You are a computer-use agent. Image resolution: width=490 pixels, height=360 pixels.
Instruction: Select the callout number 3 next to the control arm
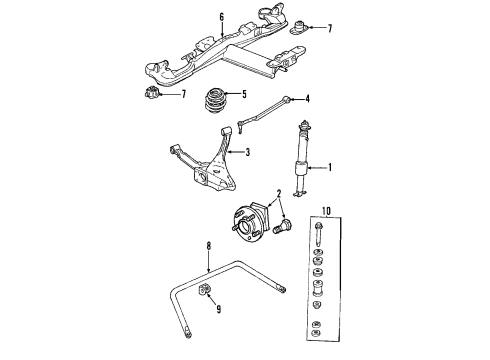tap(247, 152)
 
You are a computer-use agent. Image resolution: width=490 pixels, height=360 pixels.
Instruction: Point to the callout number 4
tap(308, 98)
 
